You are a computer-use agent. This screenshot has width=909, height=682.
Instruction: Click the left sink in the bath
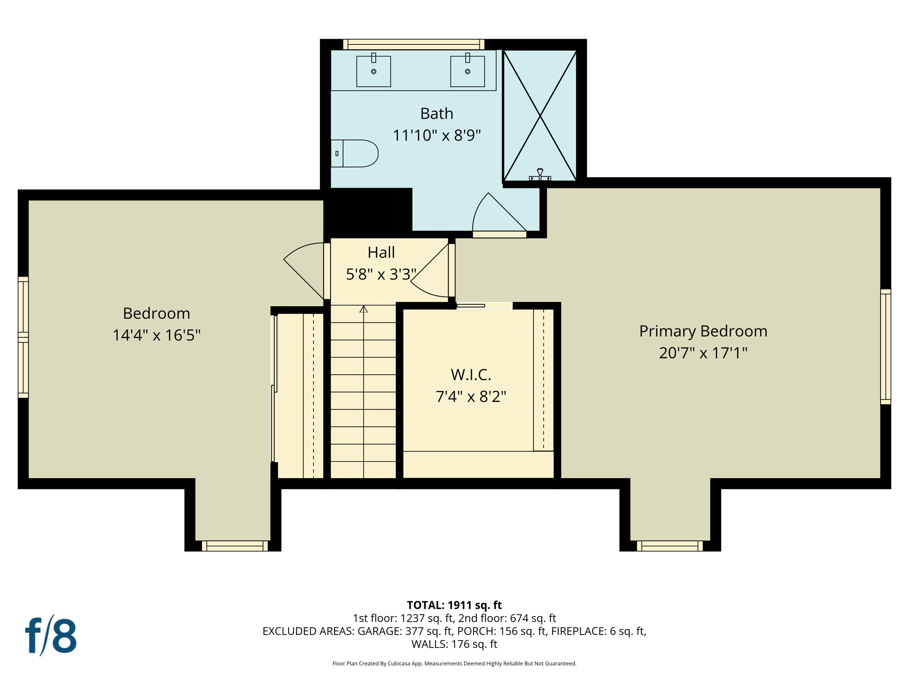pyautogui.click(x=373, y=71)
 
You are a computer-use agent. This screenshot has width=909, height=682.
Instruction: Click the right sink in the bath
pyautogui.click(x=467, y=71)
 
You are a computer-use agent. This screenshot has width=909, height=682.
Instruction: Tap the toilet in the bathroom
pyautogui.click(x=355, y=154)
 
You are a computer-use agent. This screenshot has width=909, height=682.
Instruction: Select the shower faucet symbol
pyautogui.click(x=540, y=174)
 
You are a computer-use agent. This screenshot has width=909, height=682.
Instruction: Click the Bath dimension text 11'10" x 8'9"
pyautogui.click(x=437, y=135)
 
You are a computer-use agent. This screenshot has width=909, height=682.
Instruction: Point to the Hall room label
pyautogui.click(x=381, y=253)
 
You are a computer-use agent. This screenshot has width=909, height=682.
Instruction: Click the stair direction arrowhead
pyautogui.click(x=364, y=309)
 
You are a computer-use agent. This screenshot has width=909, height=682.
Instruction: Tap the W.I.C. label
pyautogui.click(x=471, y=375)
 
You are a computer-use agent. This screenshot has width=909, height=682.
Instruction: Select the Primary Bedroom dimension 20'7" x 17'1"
pyautogui.click(x=703, y=353)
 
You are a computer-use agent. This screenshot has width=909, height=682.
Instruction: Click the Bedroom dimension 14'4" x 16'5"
pyautogui.click(x=156, y=335)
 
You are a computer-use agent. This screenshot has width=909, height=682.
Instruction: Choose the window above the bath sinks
pyautogui.click(x=413, y=44)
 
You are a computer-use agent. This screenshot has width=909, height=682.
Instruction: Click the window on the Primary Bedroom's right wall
pyautogui.click(x=885, y=346)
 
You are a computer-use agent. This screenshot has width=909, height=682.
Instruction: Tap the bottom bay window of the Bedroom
pyautogui.click(x=235, y=546)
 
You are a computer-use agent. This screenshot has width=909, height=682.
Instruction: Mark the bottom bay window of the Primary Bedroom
pyautogui.click(x=670, y=546)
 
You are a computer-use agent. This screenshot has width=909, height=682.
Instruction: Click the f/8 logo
pyautogui.click(x=51, y=636)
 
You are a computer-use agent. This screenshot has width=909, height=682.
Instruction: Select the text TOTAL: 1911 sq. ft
pyautogui.click(x=454, y=605)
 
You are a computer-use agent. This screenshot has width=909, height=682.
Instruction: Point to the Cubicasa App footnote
pyautogui.click(x=454, y=663)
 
